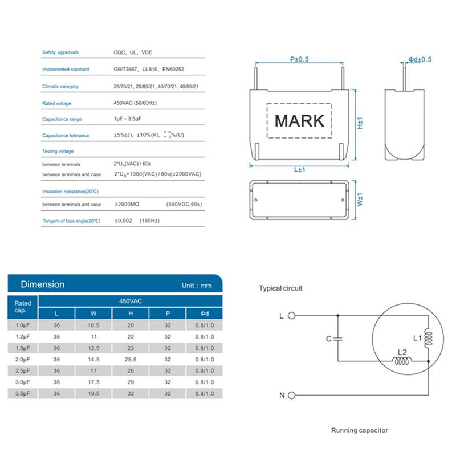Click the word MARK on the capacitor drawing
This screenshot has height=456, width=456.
[x=299, y=121]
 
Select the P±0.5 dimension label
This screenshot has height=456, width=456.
[x=299, y=59]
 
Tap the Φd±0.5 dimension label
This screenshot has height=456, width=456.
[x=420, y=59]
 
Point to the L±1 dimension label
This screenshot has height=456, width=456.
[x=300, y=170]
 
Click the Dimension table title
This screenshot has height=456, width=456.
[x=42, y=284]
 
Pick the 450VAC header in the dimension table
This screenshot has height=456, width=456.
[x=130, y=300]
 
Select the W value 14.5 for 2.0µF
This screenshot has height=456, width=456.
[x=94, y=360]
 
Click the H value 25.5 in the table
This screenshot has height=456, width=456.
[x=131, y=360]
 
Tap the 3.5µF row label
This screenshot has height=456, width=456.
[x=22, y=394]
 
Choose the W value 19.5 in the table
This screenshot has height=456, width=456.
[x=94, y=394]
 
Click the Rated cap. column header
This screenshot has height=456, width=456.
[x=22, y=307]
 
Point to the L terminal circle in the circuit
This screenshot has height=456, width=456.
[x=292, y=315]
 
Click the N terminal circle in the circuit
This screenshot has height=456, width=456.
[x=292, y=395]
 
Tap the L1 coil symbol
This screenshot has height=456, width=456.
[x=428, y=339]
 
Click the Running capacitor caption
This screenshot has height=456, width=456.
[x=359, y=430]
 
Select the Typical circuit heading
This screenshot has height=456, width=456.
[x=280, y=288]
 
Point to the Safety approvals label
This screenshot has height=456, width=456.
[x=60, y=52]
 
